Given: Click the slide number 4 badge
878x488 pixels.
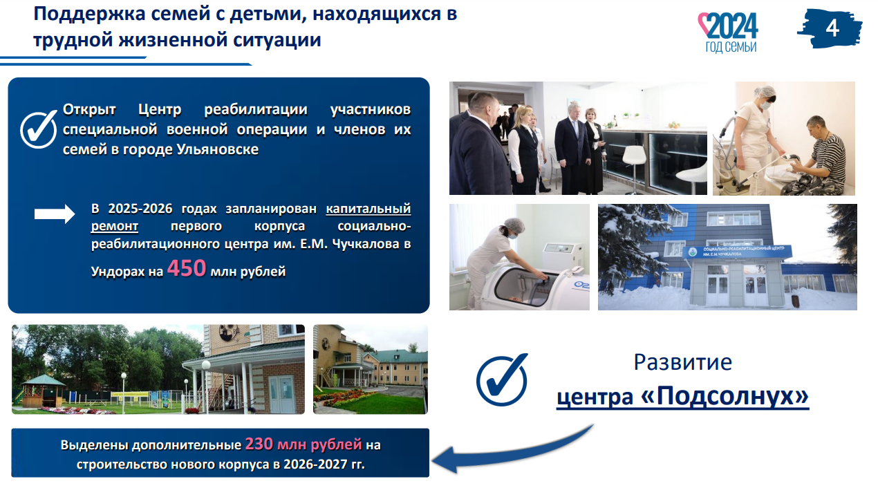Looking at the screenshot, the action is (x=830, y=28).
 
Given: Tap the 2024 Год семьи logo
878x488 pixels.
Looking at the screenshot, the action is (x=728, y=32).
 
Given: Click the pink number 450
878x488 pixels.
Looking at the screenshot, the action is (x=187, y=268).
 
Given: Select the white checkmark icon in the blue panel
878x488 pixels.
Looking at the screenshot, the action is (x=39, y=129).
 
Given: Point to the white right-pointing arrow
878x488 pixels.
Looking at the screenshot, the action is (x=55, y=214).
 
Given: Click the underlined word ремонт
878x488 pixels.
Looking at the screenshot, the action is (x=115, y=226).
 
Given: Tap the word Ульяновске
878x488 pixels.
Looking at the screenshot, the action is (x=218, y=149).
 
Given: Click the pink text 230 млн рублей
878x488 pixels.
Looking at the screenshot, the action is (x=303, y=444).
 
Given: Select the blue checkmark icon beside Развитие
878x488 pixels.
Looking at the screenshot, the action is (x=502, y=379).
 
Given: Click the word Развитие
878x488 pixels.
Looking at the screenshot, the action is (x=683, y=362).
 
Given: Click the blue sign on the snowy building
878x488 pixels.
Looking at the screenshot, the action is (x=737, y=251).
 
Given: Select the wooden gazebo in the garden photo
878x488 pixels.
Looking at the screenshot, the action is (x=44, y=391).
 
